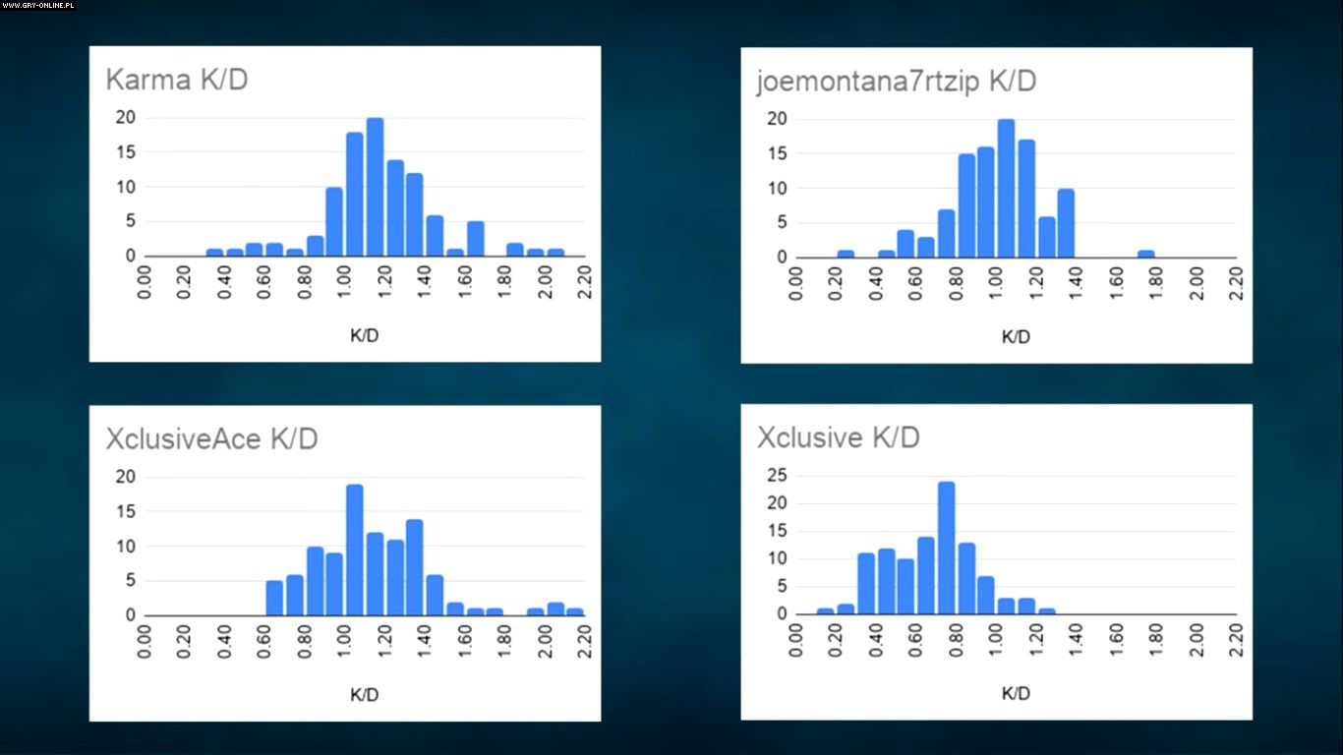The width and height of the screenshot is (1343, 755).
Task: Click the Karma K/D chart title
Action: (x=177, y=80)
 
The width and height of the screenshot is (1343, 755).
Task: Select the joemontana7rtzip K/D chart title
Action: (x=896, y=81)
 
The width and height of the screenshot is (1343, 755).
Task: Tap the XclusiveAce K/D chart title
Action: (x=211, y=438)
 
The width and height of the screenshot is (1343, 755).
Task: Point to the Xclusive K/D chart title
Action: (x=838, y=437)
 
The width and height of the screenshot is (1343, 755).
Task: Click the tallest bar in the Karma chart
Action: (x=375, y=187)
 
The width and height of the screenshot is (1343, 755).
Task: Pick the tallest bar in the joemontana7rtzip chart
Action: (x=1006, y=188)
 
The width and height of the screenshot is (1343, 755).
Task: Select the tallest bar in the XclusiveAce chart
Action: (x=355, y=550)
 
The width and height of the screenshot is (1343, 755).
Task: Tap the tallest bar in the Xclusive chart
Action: (x=946, y=547)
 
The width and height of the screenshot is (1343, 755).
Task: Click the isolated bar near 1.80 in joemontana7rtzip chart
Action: (x=1146, y=254)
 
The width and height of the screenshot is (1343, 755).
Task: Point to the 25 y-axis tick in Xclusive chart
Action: (x=776, y=476)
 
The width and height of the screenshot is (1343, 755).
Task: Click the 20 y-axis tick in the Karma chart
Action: (x=126, y=118)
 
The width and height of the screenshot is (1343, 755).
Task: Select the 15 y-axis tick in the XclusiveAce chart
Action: (x=126, y=511)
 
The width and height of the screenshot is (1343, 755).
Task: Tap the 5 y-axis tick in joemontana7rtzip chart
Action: (x=783, y=222)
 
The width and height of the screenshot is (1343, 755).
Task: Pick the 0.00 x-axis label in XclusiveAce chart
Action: (x=146, y=640)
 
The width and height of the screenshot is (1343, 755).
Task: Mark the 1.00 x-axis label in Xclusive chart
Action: (x=996, y=640)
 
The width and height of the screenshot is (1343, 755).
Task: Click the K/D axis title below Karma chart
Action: (x=364, y=335)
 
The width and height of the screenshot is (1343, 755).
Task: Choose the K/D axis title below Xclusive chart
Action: (x=1016, y=693)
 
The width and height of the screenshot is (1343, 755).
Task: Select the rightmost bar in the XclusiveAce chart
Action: (x=575, y=611)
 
